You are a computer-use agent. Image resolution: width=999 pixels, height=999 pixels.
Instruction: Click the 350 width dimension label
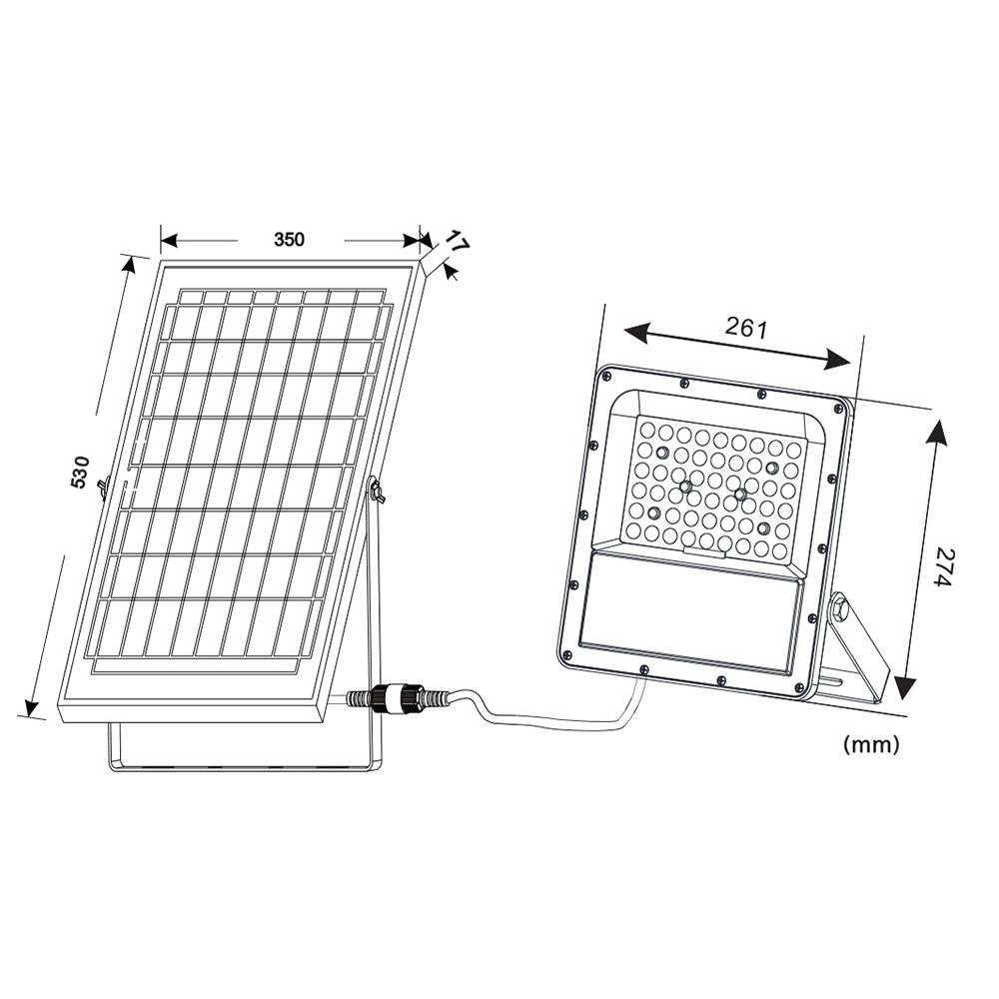290,240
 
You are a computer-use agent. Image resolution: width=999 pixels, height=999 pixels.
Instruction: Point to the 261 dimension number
745,329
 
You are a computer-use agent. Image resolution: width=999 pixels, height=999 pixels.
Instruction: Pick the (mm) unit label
871,743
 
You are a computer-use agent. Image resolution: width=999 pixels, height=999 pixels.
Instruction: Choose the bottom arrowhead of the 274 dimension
905,688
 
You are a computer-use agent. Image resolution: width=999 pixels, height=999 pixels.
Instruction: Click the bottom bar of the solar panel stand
240,767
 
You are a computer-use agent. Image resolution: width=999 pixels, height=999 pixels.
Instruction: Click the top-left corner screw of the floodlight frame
606,378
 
